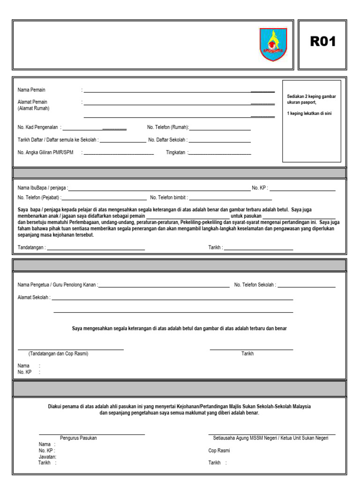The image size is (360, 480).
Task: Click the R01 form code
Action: (x=323, y=42)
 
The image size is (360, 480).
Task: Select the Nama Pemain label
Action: (x=31, y=90)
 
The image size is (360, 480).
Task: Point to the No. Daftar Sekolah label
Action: (x=168, y=140)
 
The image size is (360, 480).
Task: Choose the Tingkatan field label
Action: (x=176, y=152)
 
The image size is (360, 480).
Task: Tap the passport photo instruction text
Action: (x=311, y=104)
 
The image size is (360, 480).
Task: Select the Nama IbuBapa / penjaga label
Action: (x=42, y=188)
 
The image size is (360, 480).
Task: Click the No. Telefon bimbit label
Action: (x=169, y=197)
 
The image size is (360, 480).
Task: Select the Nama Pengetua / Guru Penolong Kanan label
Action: (x=57, y=285)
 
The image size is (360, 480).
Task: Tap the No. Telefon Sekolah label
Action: (x=255, y=285)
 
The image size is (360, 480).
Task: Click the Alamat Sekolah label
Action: (x=34, y=298)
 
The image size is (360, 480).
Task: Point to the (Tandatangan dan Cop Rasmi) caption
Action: (x=58, y=354)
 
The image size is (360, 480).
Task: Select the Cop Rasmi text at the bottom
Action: (x=219, y=450)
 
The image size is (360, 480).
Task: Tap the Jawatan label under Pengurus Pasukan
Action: (x=47, y=457)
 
